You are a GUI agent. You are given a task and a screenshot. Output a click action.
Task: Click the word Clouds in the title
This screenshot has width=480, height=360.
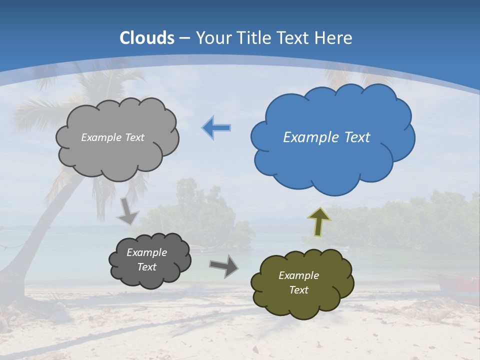[147, 38]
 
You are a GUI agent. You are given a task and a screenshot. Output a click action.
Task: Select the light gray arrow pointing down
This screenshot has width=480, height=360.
[128, 212]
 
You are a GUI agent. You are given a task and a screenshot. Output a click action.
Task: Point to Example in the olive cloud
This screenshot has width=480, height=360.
[298, 275]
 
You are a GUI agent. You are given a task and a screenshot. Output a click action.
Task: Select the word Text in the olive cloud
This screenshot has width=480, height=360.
[298, 290]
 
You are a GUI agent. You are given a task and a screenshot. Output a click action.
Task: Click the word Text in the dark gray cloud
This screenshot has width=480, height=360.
[146, 267]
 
